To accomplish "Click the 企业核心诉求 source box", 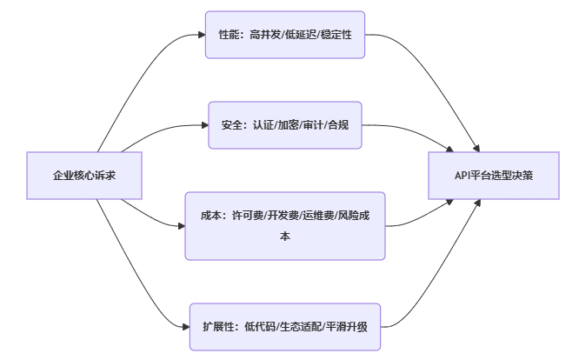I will pyautogui.click(x=84, y=176).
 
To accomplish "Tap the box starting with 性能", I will pyautogui.click(x=285, y=35).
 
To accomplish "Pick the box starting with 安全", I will pyautogui.click(x=285, y=125).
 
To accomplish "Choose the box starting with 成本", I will pyautogui.click(x=285, y=225).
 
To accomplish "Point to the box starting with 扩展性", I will pyautogui.click(x=285, y=327).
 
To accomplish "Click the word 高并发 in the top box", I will pyautogui.click(x=266, y=35).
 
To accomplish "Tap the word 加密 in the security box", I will pyautogui.click(x=287, y=125).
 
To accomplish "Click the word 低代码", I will pyautogui.click(x=262, y=327).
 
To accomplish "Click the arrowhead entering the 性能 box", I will pyautogui.click(x=201, y=35).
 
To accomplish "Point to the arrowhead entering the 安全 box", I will pyautogui.click(x=204, y=125).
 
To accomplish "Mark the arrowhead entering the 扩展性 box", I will pyautogui.click(x=185, y=327).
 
